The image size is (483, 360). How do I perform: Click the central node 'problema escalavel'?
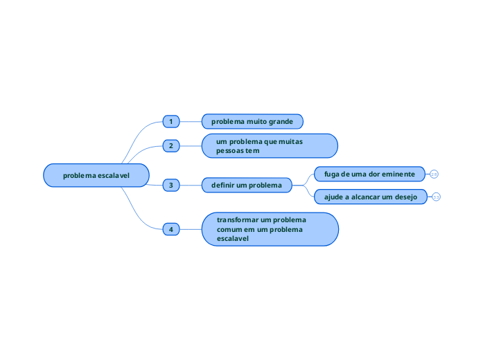tap(96, 175)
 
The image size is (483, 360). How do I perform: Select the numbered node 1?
tap(170, 122)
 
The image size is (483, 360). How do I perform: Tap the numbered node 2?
tap(170, 146)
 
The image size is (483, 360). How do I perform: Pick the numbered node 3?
tap(170, 186)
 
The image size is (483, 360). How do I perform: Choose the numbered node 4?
tap(170, 228)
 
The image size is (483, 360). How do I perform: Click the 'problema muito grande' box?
tap(252, 122)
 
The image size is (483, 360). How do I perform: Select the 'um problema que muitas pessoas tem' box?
tap(269, 146)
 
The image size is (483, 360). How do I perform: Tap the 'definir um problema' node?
tap(247, 186)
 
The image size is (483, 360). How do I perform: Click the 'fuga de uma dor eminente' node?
tap(370, 174)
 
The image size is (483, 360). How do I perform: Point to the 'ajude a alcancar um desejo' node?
tap(370, 197)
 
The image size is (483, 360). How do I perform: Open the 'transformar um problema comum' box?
tap(270, 228)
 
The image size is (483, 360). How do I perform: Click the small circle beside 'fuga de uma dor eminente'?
tap(434, 174)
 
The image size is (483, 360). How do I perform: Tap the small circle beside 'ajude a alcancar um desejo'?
tap(436, 197)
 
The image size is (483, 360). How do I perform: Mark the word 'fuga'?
tap(332, 174)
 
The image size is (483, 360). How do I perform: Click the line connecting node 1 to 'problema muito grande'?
tap(191, 122)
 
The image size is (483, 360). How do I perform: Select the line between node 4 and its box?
tap(191, 228)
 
